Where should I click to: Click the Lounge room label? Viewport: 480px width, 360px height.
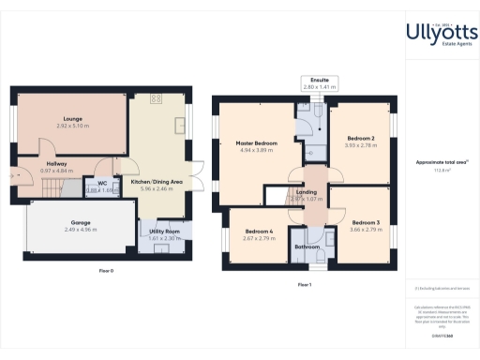[x=72, y=118]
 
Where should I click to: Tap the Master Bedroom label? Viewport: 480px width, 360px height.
[x=256, y=143]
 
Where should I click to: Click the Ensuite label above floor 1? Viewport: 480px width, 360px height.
[x=321, y=82]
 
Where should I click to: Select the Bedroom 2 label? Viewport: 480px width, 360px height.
[x=361, y=139]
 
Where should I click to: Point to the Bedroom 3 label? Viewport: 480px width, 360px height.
[x=361, y=222]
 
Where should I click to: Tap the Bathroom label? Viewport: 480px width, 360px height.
[x=307, y=247]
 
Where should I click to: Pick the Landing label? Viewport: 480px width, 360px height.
[x=306, y=193]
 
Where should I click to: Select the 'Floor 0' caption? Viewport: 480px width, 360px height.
[x=106, y=270]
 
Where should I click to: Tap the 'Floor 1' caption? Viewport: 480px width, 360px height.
[x=304, y=284]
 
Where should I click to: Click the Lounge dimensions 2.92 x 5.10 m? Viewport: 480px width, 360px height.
[x=72, y=125]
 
